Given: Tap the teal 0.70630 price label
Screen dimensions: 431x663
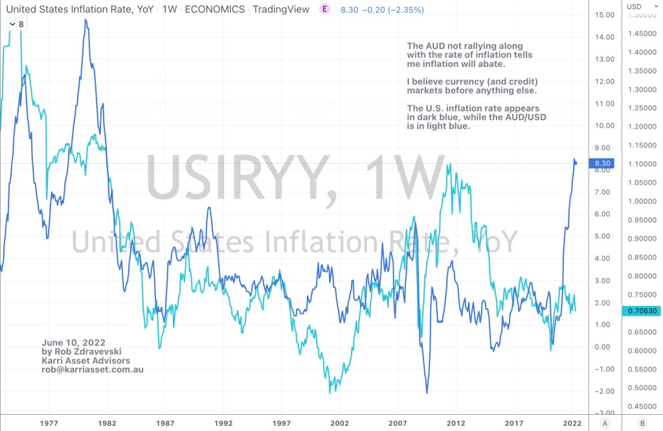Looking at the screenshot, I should (642, 311).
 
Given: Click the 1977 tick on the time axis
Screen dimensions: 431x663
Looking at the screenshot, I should (49, 423).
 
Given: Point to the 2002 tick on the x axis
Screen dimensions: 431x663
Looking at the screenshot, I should (339, 423).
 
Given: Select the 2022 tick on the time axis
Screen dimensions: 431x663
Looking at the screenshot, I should (572, 423).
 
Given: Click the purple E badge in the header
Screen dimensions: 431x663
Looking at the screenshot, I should (324, 9).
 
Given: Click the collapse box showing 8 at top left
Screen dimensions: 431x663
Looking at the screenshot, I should (16, 24).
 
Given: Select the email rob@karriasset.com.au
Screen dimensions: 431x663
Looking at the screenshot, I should (92, 370).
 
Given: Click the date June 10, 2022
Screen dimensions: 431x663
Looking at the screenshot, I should (73, 342).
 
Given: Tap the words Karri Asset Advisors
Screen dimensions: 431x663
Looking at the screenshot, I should (85, 360).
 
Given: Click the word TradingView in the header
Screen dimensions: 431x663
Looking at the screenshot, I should (281, 10).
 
